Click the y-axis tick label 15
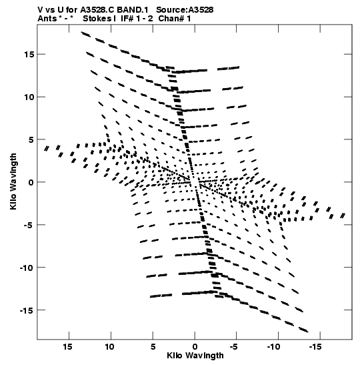pos(29,54)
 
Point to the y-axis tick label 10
pos(29,97)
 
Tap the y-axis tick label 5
pos(31,139)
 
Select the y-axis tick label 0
pos(31,182)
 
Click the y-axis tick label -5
pos(29,225)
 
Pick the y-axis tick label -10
pos(27,268)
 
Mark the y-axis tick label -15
pos(27,310)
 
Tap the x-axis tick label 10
pos(109,347)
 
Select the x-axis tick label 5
pos(153,347)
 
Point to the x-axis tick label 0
pos(195,347)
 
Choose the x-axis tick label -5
pos(234,347)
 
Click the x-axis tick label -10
pos(274,347)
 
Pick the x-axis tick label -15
pos(315,347)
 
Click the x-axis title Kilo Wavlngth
pos(195,356)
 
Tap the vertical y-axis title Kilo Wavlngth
pos(13,181)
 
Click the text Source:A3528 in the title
pos(185,10)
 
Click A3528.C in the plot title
pos(97,10)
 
